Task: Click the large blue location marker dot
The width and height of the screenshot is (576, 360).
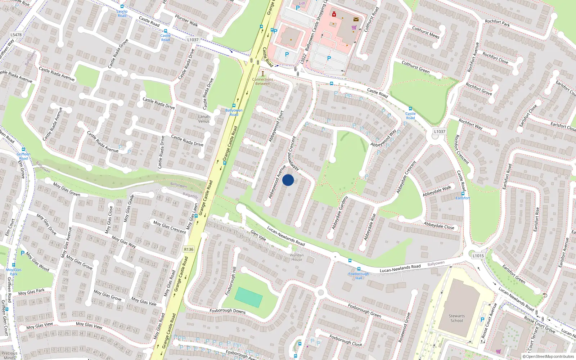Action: pyautogui.click(x=288, y=180)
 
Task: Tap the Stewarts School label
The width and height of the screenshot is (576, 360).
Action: pyautogui.click(x=456, y=318)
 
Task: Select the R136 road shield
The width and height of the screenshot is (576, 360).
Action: pyautogui.click(x=189, y=249)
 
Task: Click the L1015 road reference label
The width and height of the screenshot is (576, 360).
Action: pyautogui.click(x=478, y=256)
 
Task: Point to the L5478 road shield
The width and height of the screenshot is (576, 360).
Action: pyautogui.click(x=16, y=35)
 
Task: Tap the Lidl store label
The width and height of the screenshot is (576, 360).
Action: pyautogui.click(x=302, y=3)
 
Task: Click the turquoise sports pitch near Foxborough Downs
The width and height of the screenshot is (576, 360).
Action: pyautogui.click(x=248, y=297)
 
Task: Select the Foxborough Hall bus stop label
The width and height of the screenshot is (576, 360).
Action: pyautogui.click(x=359, y=276)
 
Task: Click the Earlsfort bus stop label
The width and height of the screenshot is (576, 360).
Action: pyautogui.click(x=463, y=198)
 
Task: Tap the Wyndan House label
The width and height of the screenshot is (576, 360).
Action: pyautogui.click(x=297, y=257)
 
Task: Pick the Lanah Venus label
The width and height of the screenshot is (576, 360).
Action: pyautogui.click(x=204, y=119)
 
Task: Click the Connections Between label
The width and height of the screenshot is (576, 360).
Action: pyautogui.click(x=262, y=81)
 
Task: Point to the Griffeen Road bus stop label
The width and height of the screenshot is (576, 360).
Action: pyautogui.click(x=23, y=156)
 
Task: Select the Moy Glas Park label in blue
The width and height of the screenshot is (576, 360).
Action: pyautogui.click(x=14, y=272)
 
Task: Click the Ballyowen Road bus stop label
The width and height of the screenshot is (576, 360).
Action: pyautogui.click(x=234, y=112)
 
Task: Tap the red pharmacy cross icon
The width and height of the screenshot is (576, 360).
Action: pyautogui.click(x=334, y=14)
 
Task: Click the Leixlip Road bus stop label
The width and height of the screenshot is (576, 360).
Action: pyautogui.click(x=122, y=13)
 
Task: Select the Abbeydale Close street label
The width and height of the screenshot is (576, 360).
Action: pyautogui.click(x=439, y=226)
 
